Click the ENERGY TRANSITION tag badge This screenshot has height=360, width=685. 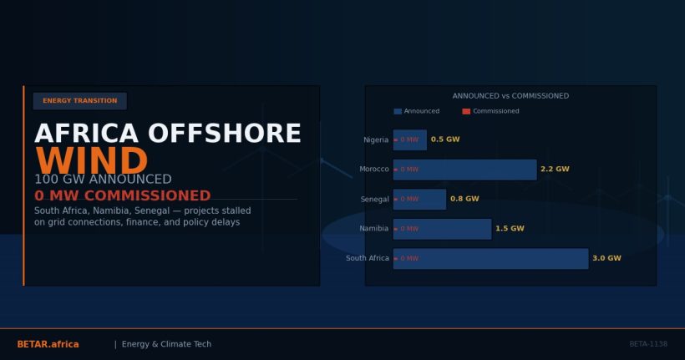tap(80, 101)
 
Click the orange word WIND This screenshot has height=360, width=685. tap(91, 162)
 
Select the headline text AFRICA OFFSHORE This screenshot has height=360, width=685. tap(167, 134)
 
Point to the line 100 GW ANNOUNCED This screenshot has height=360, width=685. tap(103, 180)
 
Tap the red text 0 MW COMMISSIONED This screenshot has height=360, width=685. tap(122, 196)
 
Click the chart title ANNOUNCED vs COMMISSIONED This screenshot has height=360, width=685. tap(510, 96)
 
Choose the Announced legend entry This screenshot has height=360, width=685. tap(417, 111)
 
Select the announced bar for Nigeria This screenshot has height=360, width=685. tap(410, 140)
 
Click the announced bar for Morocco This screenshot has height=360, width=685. tap(465, 170)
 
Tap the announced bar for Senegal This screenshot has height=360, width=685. tap(420, 200)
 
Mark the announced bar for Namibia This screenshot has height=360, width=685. tap(443, 229)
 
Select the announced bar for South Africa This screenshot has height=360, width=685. tap(491, 259)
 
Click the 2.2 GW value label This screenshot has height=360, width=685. tap(555, 170)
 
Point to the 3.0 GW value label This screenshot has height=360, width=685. tap(606, 259)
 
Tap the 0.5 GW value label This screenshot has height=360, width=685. tap(445, 140)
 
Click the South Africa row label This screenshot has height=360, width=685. tap(368, 259)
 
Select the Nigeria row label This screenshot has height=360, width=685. tap(376, 140)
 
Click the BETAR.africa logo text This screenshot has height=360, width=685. tap(48, 344)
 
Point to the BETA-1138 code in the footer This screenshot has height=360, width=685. tap(648, 344)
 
